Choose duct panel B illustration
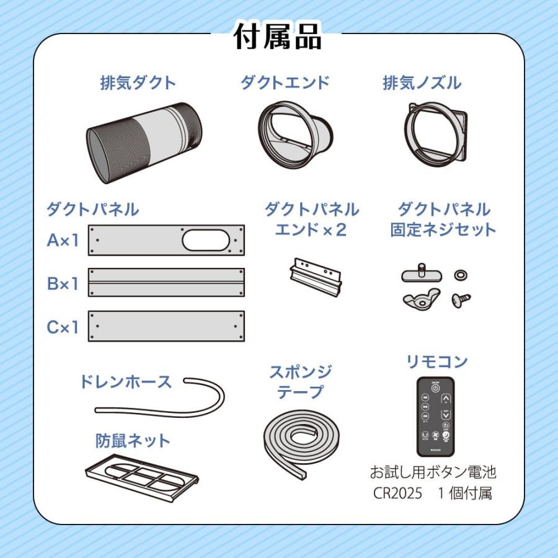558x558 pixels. click(166, 283)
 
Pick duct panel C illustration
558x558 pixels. click(166, 326)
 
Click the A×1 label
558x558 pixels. click(63, 240)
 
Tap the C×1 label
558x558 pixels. click(63, 327)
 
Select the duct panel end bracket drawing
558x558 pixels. click(316, 276)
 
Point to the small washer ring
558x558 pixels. click(461, 275)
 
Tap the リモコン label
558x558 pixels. click(436, 362)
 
